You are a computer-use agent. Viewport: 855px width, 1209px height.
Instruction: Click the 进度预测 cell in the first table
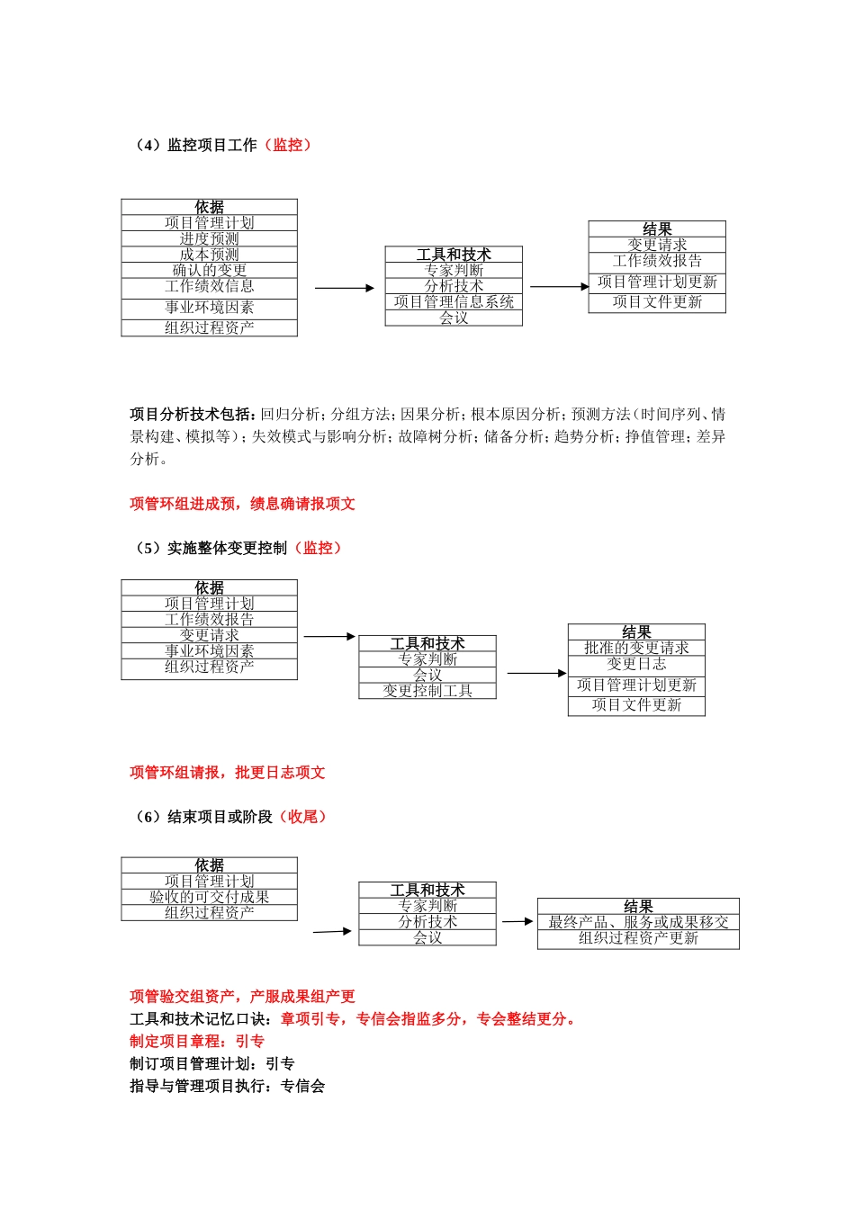click(209, 239)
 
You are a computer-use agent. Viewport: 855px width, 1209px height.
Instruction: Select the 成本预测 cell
click(209, 255)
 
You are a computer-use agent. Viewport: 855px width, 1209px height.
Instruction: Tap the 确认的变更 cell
click(209, 270)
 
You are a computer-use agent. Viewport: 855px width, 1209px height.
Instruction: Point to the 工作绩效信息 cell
click(209, 286)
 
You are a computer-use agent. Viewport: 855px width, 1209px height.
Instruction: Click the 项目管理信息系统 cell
click(454, 302)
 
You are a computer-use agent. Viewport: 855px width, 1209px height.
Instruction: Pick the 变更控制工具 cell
click(427, 691)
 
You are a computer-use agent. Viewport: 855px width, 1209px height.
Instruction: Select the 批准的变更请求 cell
click(636, 648)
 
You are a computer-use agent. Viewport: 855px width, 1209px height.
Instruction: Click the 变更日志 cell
click(636, 664)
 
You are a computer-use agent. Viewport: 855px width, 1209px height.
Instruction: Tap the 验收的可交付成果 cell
click(209, 897)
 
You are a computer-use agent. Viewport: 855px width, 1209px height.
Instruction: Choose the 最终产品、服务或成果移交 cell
click(638, 922)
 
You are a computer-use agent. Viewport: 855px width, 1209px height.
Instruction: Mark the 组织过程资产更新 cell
click(638, 938)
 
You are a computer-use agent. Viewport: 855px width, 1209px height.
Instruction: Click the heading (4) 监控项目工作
click(196, 145)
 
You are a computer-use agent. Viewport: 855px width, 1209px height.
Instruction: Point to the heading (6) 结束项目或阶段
click(203, 817)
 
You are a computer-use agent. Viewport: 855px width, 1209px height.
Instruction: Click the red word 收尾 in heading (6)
click(302, 817)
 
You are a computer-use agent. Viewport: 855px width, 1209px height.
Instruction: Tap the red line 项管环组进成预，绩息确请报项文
click(242, 504)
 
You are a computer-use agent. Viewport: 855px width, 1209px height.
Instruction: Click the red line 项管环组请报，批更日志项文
click(227, 773)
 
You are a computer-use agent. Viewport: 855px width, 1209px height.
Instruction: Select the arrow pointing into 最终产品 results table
click(517, 921)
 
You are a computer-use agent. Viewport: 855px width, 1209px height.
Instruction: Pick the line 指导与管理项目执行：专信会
click(227, 1087)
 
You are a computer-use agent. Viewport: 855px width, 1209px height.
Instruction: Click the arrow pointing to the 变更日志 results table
click(536, 673)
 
